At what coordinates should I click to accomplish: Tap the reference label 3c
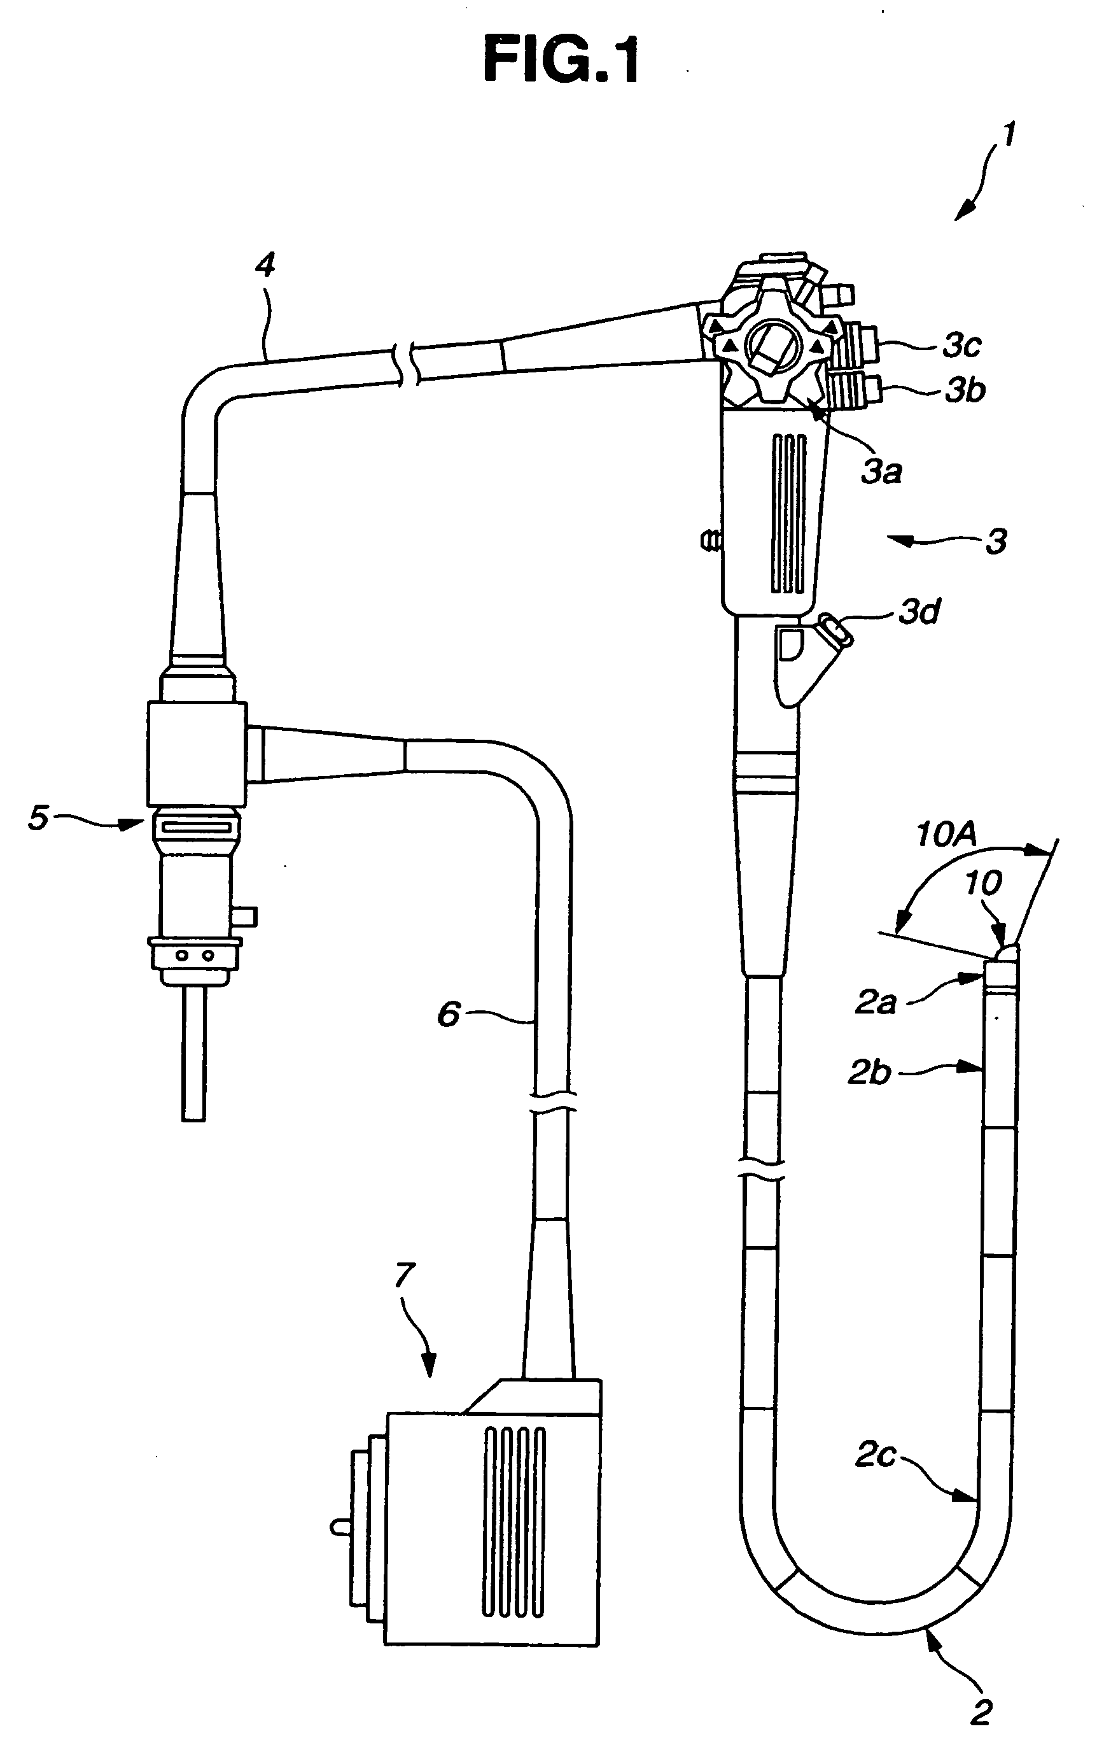pos(962,346)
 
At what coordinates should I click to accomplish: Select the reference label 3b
pos(965,390)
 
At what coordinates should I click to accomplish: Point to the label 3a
pos(881,472)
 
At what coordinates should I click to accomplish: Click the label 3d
pos(919,612)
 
